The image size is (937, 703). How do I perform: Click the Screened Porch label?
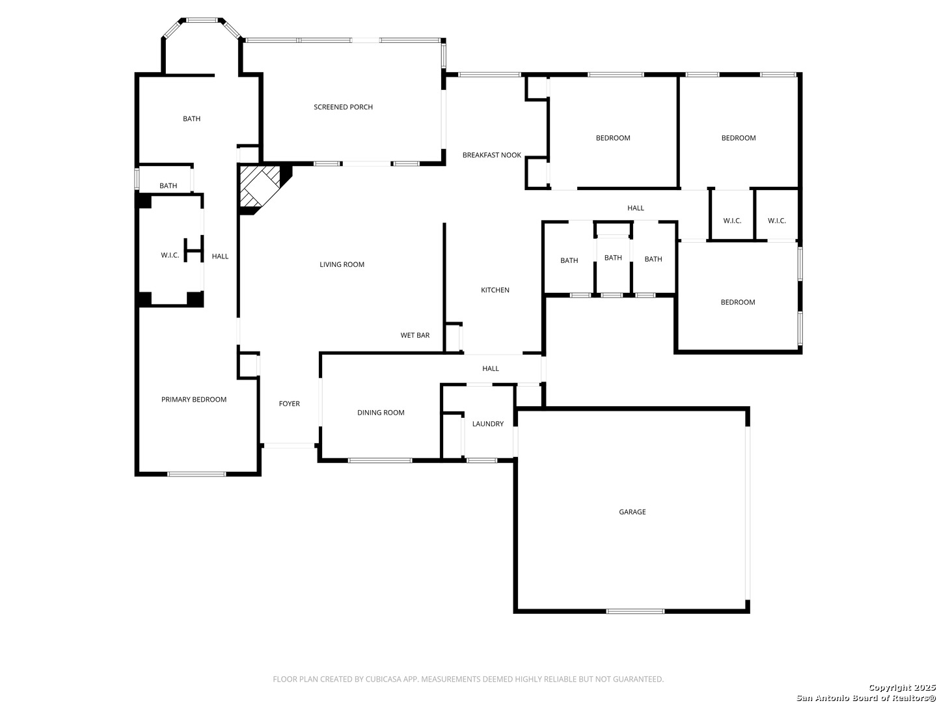coord(343,107)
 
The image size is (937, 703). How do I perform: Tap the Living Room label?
coord(342,264)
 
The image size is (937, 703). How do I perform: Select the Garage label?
coord(632,512)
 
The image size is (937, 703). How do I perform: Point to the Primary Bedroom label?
coord(193,399)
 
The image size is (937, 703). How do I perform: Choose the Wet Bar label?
coord(414,335)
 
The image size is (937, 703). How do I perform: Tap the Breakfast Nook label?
coord(491,155)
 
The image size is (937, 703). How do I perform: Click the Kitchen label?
coord(495,290)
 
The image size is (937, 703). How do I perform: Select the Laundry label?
coord(487,423)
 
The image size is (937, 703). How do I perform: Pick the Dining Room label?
coord(381,412)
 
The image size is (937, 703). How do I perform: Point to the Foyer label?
coord(289,404)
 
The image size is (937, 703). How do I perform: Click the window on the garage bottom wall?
coord(635,611)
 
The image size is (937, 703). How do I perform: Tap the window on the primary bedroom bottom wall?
coord(197,474)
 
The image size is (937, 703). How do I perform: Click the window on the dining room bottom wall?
coord(379,460)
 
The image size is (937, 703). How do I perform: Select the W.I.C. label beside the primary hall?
coord(170,255)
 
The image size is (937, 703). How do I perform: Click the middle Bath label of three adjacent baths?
coord(612,257)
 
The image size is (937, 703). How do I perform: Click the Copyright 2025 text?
coord(902,687)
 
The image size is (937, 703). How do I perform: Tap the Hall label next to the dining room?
coord(490,368)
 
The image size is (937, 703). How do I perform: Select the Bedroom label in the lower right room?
coord(737,302)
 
